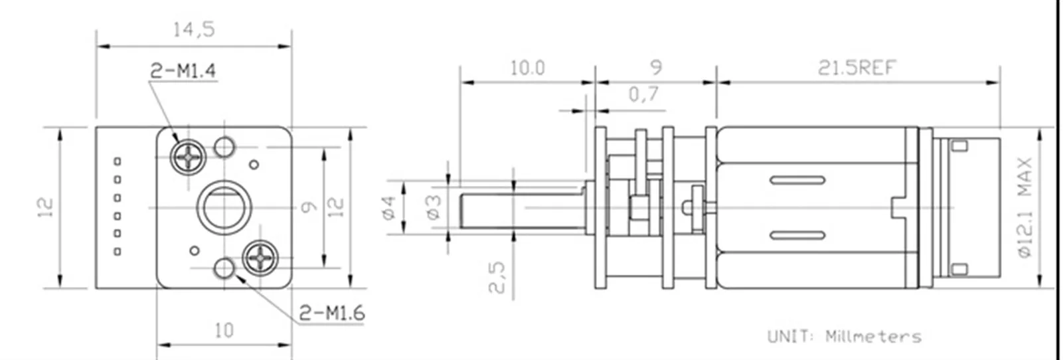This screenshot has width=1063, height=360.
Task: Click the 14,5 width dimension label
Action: pos(194,30)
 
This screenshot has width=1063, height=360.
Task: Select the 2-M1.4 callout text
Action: pos(183,71)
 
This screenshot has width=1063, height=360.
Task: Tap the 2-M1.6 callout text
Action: pos(332,313)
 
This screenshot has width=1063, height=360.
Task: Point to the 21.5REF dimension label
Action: pos(856,68)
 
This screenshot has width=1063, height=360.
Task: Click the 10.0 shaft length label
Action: pos(527,68)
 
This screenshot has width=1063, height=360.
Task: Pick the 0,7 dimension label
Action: pos(643,94)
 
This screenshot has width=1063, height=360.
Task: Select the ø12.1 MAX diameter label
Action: pos(1025,207)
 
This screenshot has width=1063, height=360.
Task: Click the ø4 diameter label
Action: pos(388,207)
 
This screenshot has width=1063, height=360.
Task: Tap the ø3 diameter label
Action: pos(434,207)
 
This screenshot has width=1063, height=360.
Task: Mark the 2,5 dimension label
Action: pos(497,278)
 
